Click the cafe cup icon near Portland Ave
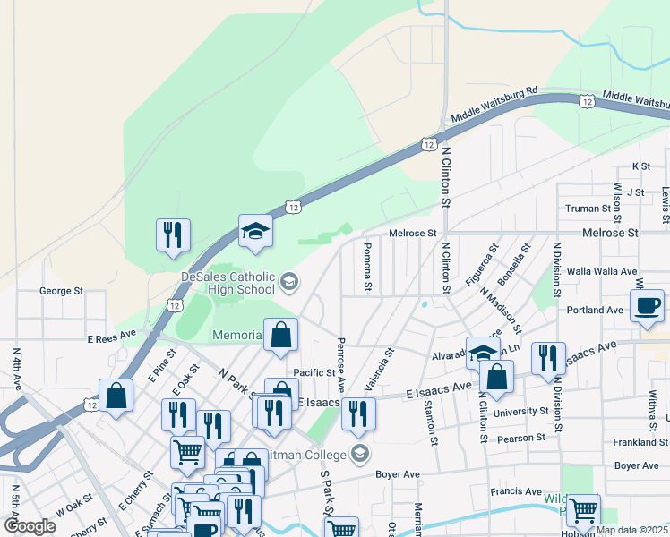click(647, 306)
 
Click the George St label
click(62, 291)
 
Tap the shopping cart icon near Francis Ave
click(583, 510)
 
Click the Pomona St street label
click(367, 267)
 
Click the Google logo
click(30, 525)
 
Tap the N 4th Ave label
click(16, 369)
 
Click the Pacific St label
click(314, 372)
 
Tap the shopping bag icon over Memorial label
click(281, 336)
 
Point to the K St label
click(640, 166)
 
